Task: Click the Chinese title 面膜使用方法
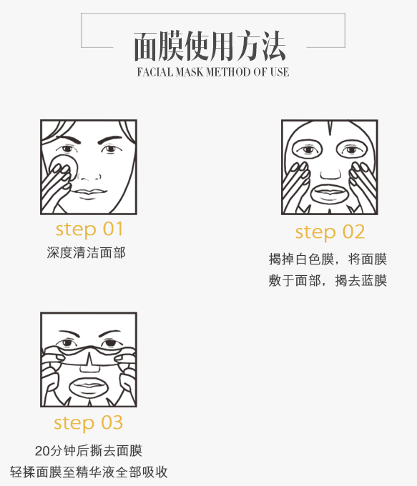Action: tap(210, 46)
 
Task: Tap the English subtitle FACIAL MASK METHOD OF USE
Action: tap(213, 72)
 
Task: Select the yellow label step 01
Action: tap(89, 229)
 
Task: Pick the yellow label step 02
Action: tap(330, 232)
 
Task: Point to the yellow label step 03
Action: tap(89, 423)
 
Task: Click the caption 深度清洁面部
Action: tap(87, 252)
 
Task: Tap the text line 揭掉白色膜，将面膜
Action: tap(328, 259)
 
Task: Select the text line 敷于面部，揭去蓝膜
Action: tap(328, 281)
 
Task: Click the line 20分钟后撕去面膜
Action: tap(89, 451)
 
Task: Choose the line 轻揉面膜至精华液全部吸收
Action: tap(89, 472)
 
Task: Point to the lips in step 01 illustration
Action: tap(89, 192)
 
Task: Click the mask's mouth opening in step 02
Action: tap(330, 194)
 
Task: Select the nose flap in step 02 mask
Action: tap(330, 174)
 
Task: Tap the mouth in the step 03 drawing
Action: tap(89, 387)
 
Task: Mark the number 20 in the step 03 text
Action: tap(42, 451)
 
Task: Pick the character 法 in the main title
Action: tap(273, 46)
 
